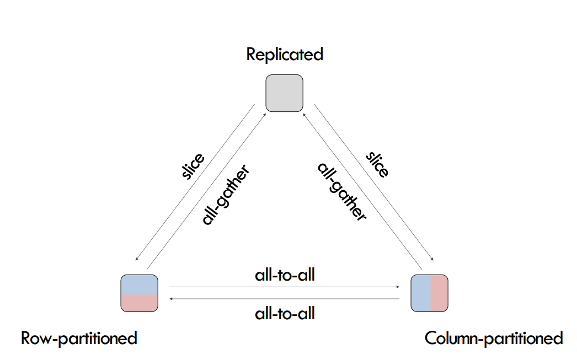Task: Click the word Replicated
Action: coord(284,55)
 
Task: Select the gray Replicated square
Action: coord(284,94)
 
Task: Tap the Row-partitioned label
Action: coord(79,337)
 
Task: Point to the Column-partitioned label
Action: coord(494,337)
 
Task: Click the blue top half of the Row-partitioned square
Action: coord(140,284)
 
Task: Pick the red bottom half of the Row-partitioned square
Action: coord(140,302)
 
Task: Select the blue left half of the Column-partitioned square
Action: coord(420,292)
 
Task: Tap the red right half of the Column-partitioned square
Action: coord(439,292)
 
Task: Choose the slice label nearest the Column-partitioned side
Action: coord(377,163)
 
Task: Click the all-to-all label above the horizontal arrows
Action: coord(285,275)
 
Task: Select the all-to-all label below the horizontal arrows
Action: coord(285,314)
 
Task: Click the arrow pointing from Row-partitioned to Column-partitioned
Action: coord(285,287)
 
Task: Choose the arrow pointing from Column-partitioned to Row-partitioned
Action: coord(285,298)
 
